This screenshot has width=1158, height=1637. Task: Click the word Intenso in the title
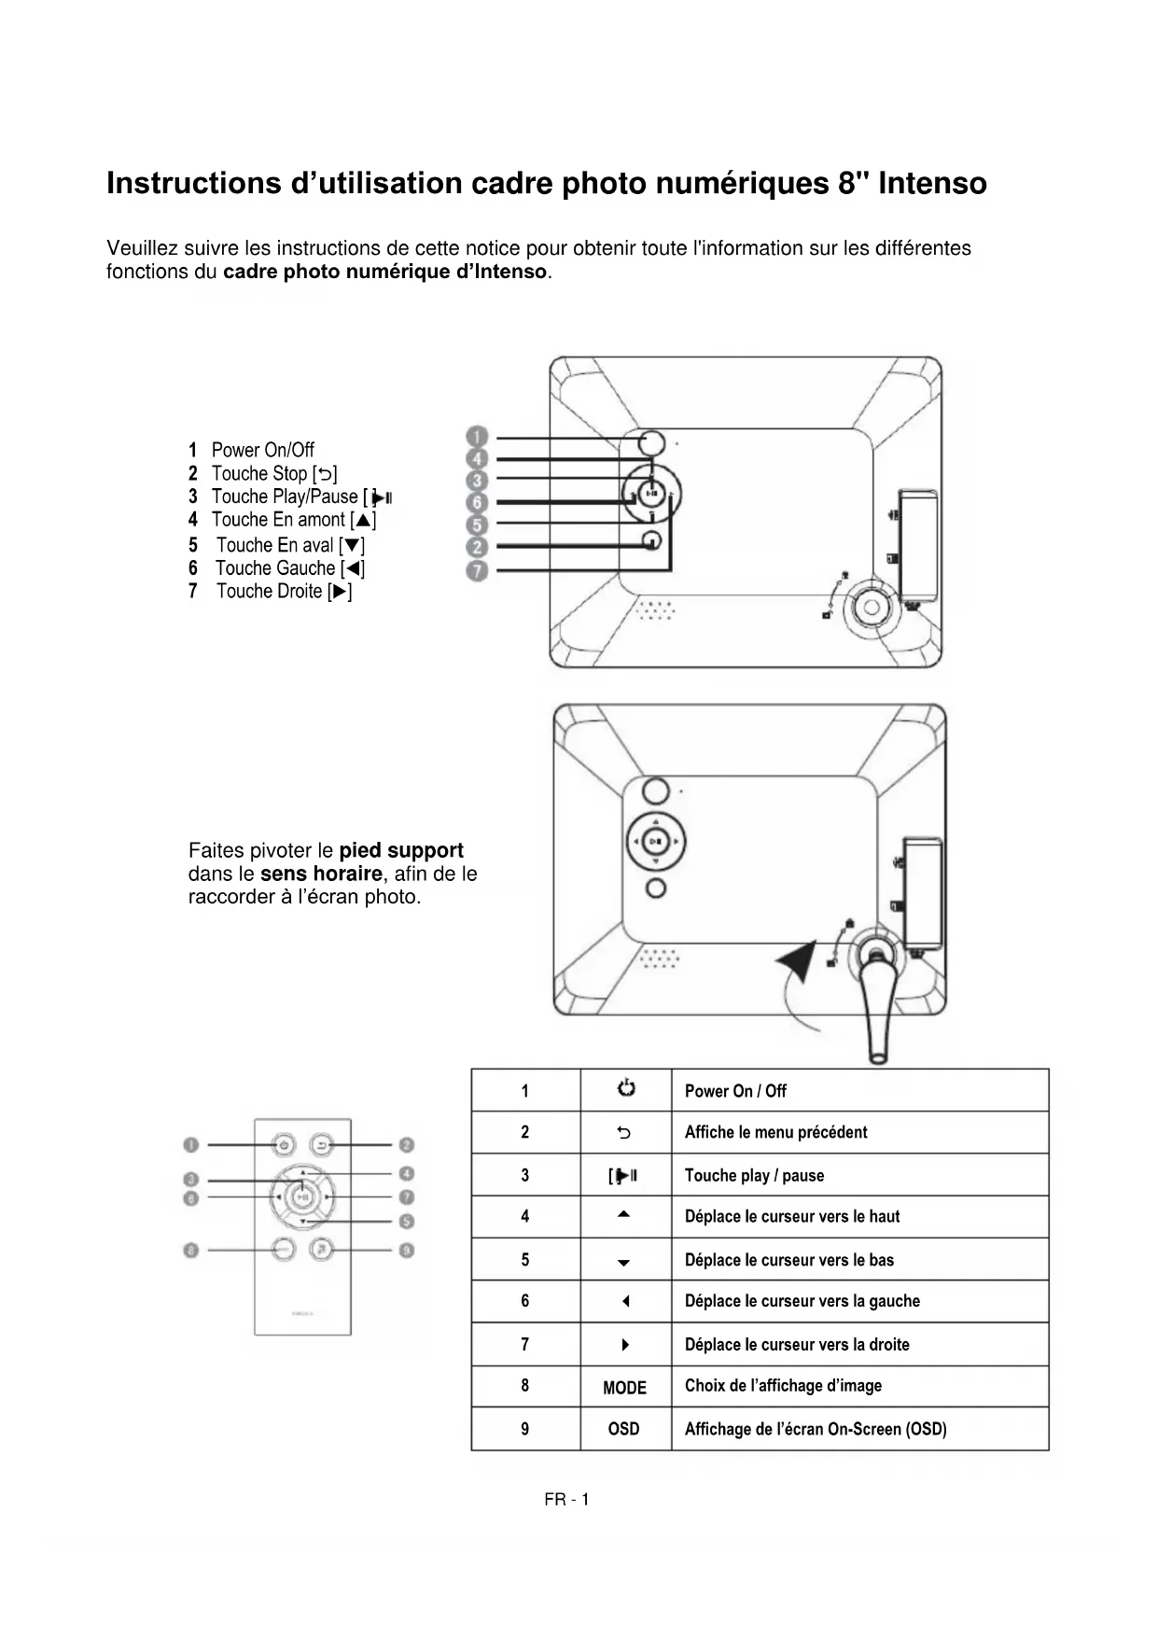pyautogui.click(x=932, y=183)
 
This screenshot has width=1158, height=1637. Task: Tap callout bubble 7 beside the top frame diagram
pyautogui.click(x=477, y=570)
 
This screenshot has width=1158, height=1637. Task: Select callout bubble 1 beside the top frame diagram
pyautogui.click(x=477, y=437)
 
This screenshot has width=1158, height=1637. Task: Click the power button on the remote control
pyautogui.click(x=284, y=1144)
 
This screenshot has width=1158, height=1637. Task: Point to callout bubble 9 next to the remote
pyautogui.click(x=407, y=1250)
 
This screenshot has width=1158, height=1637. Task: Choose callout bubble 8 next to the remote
pyautogui.click(x=191, y=1250)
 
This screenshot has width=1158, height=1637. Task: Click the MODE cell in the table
pyautogui.click(x=624, y=1388)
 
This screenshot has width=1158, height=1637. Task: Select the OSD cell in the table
pyautogui.click(x=624, y=1429)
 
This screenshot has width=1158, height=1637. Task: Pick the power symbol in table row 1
pyautogui.click(x=625, y=1088)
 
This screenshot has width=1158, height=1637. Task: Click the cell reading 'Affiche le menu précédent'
pyautogui.click(x=775, y=1132)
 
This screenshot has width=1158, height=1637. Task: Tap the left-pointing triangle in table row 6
pyautogui.click(x=625, y=1301)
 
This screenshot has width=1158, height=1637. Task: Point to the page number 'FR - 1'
pyautogui.click(x=566, y=1500)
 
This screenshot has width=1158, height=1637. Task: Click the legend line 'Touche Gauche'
pyautogui.click(x=275, y=568)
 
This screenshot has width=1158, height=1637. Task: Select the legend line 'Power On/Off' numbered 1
pyautogui.click(x=262, y=450)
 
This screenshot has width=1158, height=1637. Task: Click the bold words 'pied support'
pyautogui.click(x=401, y=850)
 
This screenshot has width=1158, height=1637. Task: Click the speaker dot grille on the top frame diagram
pyautogui.click(x=656, y=610)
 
